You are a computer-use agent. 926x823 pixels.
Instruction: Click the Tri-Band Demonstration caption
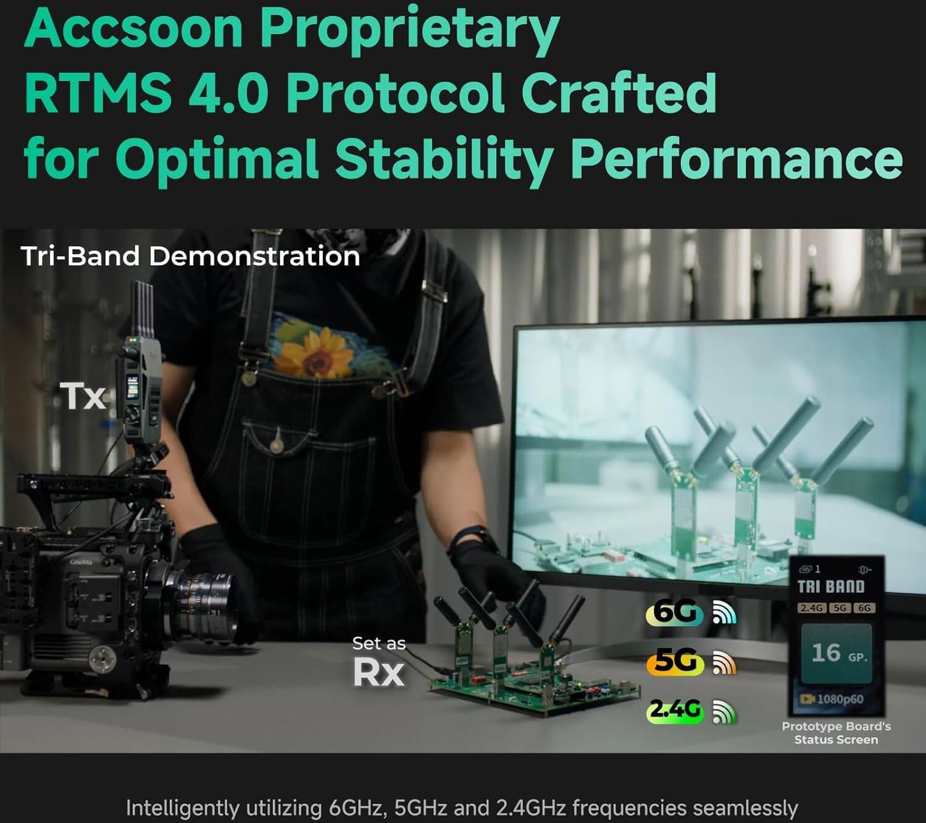(x=190, y=256)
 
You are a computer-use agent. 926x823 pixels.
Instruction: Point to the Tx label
(x=83, y=396)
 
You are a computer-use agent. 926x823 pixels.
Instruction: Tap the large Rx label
(x=379, y=672)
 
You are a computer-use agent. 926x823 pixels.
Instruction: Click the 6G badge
(x=675, y=612)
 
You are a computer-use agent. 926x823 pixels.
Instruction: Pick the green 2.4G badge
(x=675, y=711)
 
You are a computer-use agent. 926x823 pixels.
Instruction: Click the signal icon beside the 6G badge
(x=725, y=613)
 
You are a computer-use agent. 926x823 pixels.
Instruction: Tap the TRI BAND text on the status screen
(x=831, y=587)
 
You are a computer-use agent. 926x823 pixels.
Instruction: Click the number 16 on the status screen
(x=826, y=652)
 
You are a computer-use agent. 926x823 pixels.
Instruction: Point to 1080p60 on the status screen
(x=840, y=699)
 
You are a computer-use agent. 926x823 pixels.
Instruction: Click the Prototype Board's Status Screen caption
(x=836, y=733)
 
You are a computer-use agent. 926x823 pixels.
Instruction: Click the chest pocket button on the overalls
(x=276, y=444)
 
